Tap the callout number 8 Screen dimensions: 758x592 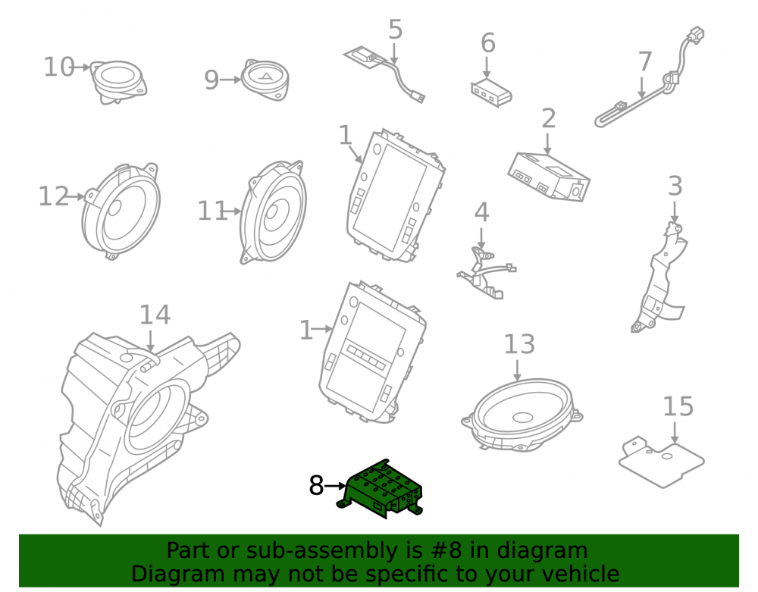coord(316,485)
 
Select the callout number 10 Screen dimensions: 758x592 coord(59,67)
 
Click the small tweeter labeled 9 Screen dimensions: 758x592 coord(265,80)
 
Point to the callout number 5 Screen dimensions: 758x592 coord(396,30)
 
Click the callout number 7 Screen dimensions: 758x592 coord(645,62)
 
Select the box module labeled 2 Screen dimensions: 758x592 coord(549,176)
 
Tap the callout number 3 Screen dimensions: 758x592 coord(675,186)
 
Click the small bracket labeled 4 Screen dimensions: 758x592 coord(486,273)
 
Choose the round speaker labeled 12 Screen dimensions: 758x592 coord(121,211)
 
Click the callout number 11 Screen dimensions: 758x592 coord(212,211)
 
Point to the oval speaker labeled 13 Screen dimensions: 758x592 coord(522,415)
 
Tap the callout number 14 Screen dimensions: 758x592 coord(155,315)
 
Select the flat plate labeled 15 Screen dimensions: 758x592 coord(661,460)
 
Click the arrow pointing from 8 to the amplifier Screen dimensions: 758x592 coord(335,485)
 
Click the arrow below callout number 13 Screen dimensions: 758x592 coord(517,370)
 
